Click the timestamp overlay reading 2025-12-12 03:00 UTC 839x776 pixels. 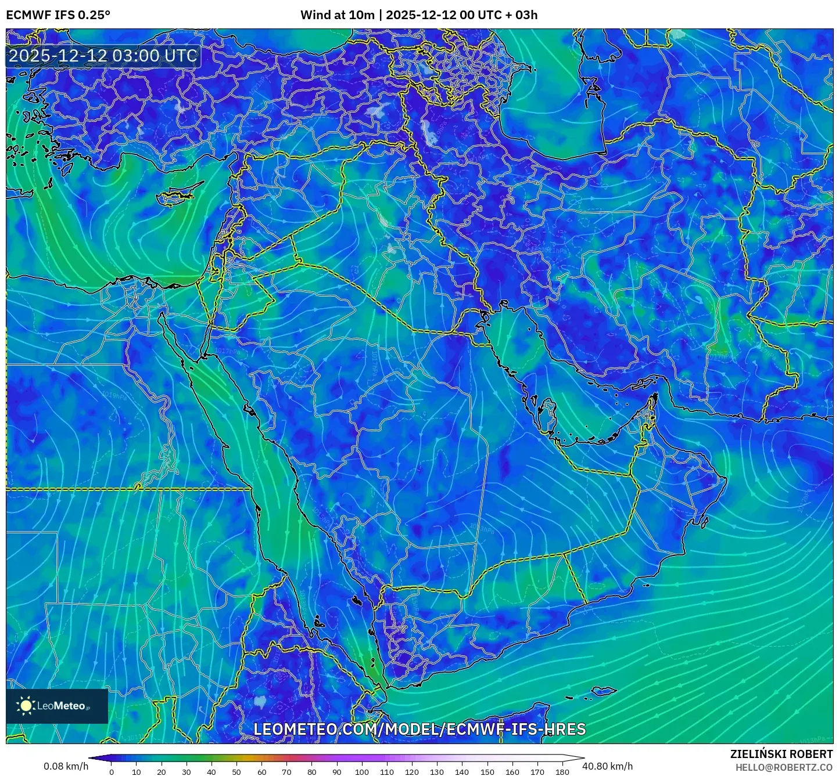coord(103,56)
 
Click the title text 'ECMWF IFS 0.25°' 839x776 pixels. coord(58,15)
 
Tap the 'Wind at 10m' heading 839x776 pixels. coord(337,15)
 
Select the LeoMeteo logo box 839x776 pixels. coord(57,706)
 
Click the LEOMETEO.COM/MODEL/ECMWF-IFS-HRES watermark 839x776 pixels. coord(419,729)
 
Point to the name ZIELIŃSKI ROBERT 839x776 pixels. coord(781,754)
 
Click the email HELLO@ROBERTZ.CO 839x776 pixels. coord(784,767)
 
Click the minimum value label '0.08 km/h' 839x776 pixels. coord(66,766)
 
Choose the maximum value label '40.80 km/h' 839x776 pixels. coord(607,766)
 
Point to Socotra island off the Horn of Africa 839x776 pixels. coord(604,691)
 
